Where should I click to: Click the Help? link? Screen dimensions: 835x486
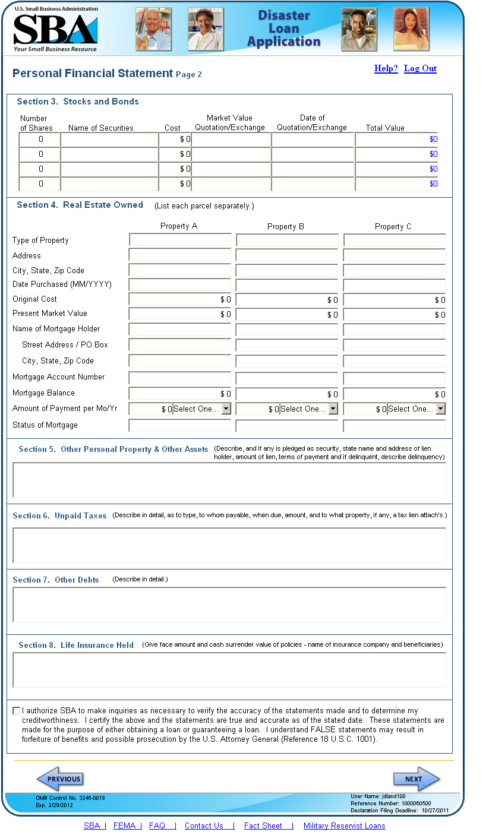point(386,68)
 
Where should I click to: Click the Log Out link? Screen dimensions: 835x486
point(420,68)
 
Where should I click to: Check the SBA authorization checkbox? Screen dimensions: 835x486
point(16,710)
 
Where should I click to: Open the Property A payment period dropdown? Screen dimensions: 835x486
point(196,409)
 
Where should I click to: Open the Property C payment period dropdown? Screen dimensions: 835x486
point(416,409)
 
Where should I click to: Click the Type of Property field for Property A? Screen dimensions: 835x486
point(180,241)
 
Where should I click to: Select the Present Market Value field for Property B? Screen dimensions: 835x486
point(287,314)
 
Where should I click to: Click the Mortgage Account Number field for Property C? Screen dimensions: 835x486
point(395,378)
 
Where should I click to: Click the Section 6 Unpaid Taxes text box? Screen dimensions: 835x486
point(229,545)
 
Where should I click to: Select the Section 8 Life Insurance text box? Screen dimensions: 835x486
point(229,670)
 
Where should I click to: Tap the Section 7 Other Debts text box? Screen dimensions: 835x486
point(229,605)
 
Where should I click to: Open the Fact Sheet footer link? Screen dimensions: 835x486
point(263,825)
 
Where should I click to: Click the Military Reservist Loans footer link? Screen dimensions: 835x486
point(344,825)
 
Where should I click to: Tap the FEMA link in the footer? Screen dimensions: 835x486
point(125,825)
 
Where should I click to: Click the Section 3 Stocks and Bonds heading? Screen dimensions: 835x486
point(78,102)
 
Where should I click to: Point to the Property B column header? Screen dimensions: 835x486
point(286,226)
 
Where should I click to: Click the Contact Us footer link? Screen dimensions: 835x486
point(204,825)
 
